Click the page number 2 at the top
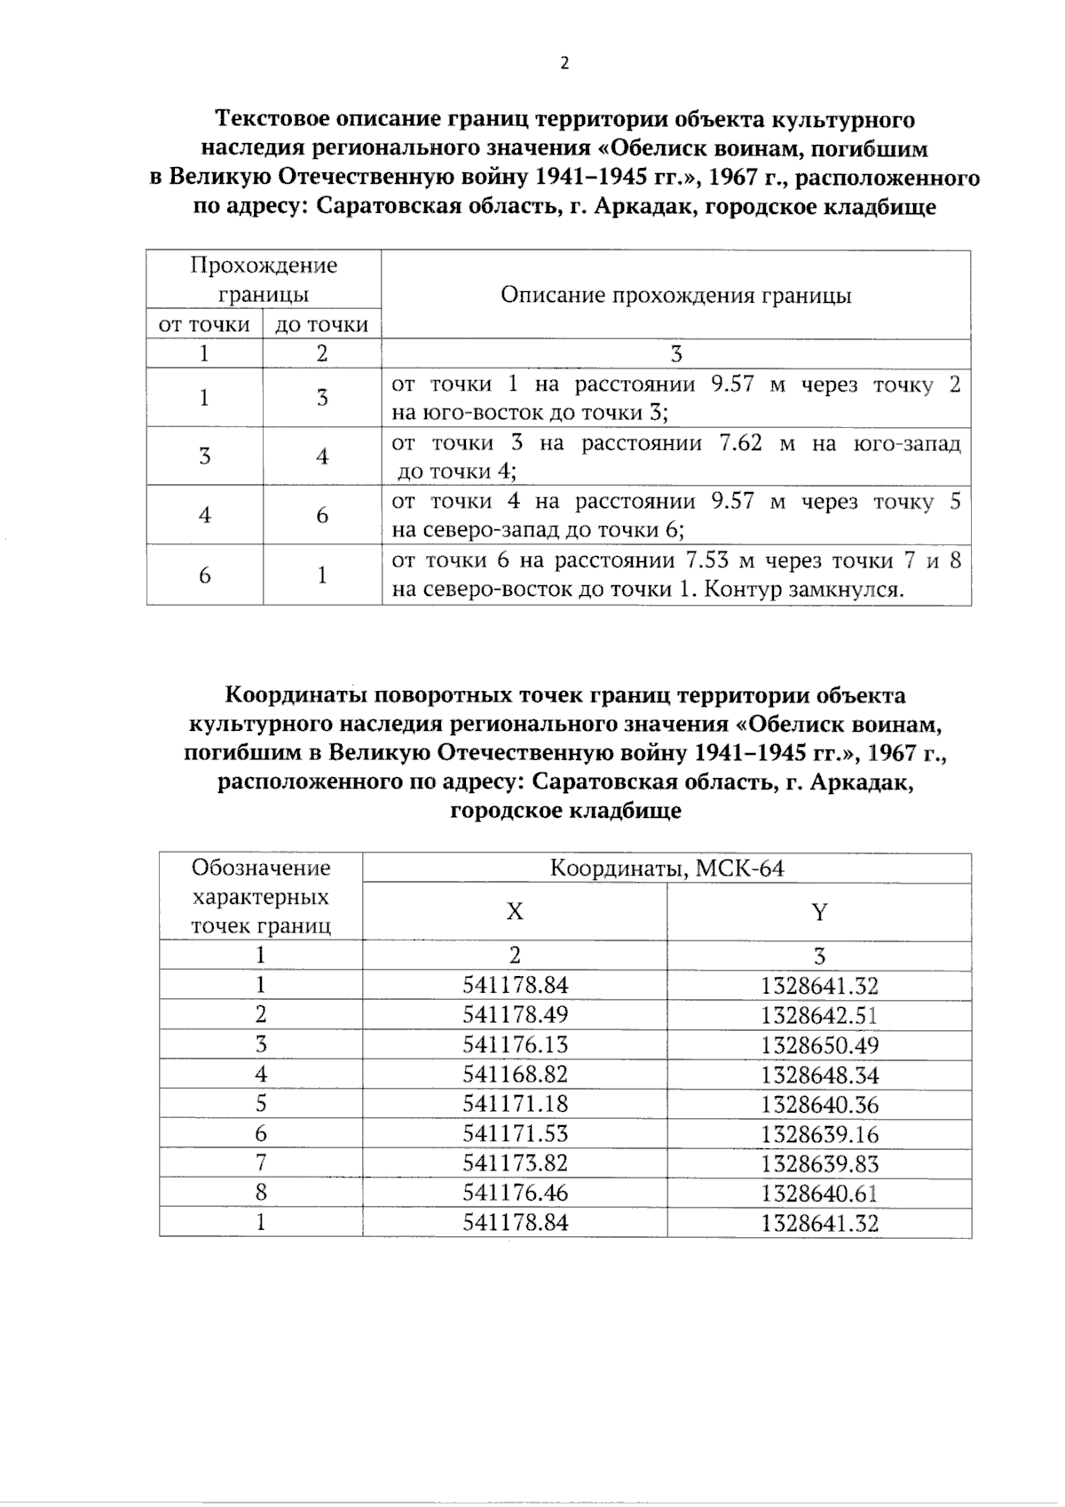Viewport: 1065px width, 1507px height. pos(564,63)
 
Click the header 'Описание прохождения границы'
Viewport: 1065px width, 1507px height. pos(675,295)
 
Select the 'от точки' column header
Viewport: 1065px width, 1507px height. pos(204,325)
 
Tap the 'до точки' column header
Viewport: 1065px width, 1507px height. pos(321,325)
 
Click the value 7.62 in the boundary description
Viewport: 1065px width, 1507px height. pos(738,442)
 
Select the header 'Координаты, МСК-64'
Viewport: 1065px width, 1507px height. pos(667,868)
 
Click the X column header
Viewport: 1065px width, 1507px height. pos(514,912)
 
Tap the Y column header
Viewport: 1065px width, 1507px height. pos(819,912)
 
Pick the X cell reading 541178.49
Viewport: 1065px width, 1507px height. pos(515,1014)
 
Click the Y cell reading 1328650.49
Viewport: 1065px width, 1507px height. pos(819,1045)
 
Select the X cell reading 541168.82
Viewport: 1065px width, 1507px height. pos(515,1074)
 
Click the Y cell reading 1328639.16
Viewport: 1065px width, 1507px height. pos(819,1134)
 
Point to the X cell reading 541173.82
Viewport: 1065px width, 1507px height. pos(515,1162)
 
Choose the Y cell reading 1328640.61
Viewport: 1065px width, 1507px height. pos(819,1193)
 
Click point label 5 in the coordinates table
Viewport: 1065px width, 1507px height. pos(260,1103)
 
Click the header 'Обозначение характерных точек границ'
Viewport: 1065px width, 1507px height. pos(261,896)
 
